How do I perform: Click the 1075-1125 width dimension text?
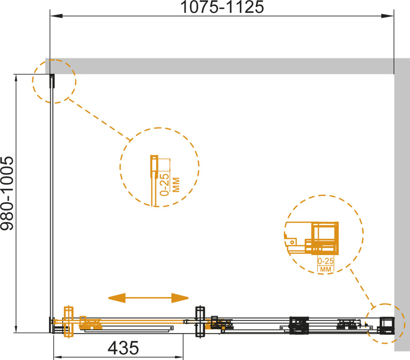pos(222,7)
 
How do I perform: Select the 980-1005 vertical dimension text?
pos(7,194)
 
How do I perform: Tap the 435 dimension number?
pos(123,348)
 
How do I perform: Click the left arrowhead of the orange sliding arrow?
pos(117,298)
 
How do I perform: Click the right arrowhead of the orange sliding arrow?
pos(180,298)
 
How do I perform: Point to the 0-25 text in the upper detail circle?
pos(165,184)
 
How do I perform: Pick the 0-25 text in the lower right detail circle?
pos(326,261)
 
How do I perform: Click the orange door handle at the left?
pos(68,321)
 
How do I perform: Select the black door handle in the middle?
pos(200,321)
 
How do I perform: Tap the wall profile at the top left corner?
pos(52,81)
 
